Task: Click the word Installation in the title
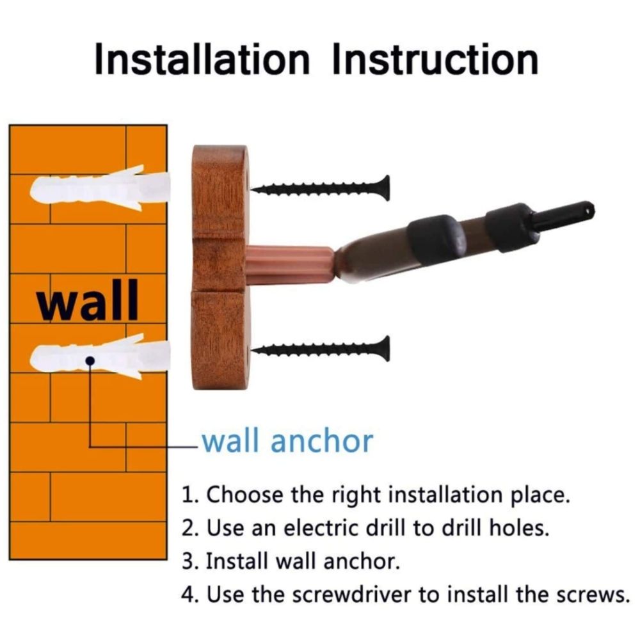(x=202, y=60)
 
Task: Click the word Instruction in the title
(x=435, y=60)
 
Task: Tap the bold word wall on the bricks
(x=88, y=300)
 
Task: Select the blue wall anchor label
(x=288, y=441)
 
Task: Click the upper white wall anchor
(x=100, y=189)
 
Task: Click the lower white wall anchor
(x=100, y=356)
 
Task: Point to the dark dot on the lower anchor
(x=90, y=360)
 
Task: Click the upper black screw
(x=320, y=188)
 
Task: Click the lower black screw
(x=320, y=349)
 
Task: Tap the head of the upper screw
(x=385, y=188)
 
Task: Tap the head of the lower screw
(x=385, y=349)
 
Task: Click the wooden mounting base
(x=220, y=268)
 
